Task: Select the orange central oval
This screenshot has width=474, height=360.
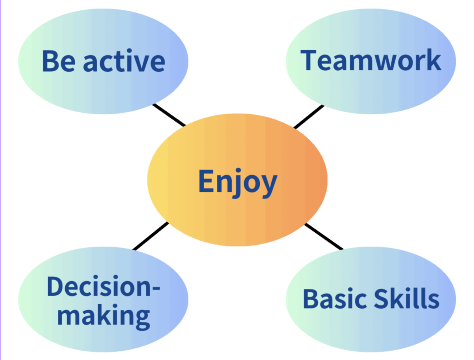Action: coord(237,180)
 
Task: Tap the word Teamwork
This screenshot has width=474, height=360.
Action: coord(371,61)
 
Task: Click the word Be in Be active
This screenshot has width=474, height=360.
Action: coord(59,62)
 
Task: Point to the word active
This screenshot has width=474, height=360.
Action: coord(124,61)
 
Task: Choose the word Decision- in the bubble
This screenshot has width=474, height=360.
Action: coord(103,286)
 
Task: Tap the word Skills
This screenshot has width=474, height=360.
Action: coord(406,298)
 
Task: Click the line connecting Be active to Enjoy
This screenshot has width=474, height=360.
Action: coord(169,115)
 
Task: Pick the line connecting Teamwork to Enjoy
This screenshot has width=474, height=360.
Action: coord(309,117)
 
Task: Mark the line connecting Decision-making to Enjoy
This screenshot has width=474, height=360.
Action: coord(150,236)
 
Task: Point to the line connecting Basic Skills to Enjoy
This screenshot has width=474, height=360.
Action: coord(324,236)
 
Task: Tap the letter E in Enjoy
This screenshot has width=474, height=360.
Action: coord(205,181)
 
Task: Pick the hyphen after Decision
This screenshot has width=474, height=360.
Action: coord(156,288)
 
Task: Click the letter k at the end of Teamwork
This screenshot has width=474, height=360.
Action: coord(433,60)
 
